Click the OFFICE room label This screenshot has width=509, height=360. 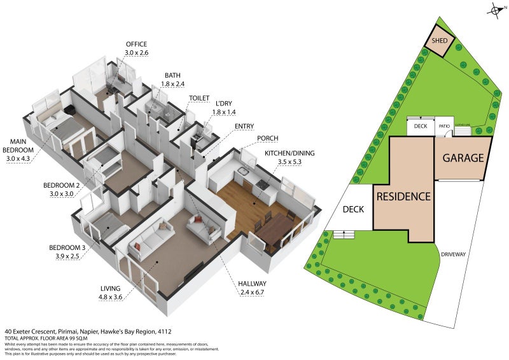click(x=136, y=48)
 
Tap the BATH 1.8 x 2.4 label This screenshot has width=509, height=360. click(x=173, y=79)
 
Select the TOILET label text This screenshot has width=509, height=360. click(x=199, y=98)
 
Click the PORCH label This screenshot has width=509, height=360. click(x=268, y=138)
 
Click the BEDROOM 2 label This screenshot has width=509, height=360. click(x=61, y=189)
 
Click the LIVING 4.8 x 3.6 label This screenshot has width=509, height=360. click(x=111, y=291)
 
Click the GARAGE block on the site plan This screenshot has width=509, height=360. click(x=463, y=158)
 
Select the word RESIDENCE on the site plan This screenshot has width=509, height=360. click(x=404, y=197)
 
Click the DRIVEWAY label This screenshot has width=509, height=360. click(x=470, y=254)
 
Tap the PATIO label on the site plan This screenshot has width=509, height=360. click(x=443, y=127)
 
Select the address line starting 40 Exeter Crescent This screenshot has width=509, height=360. click(x=88, y=331)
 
